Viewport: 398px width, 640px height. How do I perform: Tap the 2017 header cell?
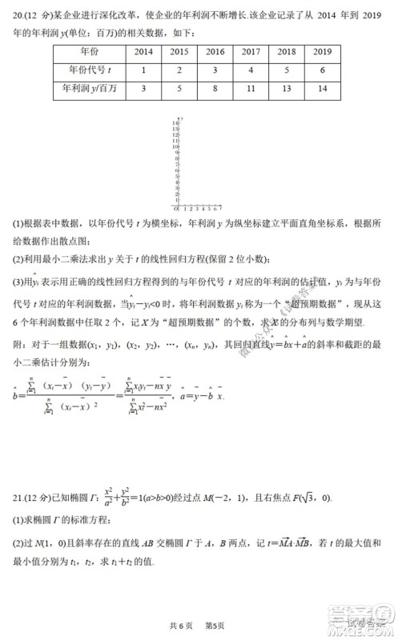pos(251,52)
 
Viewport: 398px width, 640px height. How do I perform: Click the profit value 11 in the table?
pos(251,89)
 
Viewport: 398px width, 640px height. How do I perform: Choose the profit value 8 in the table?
pos(215,89)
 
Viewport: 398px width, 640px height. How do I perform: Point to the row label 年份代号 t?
pos(87,70)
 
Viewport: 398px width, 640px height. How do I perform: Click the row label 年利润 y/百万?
pos(87,89)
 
